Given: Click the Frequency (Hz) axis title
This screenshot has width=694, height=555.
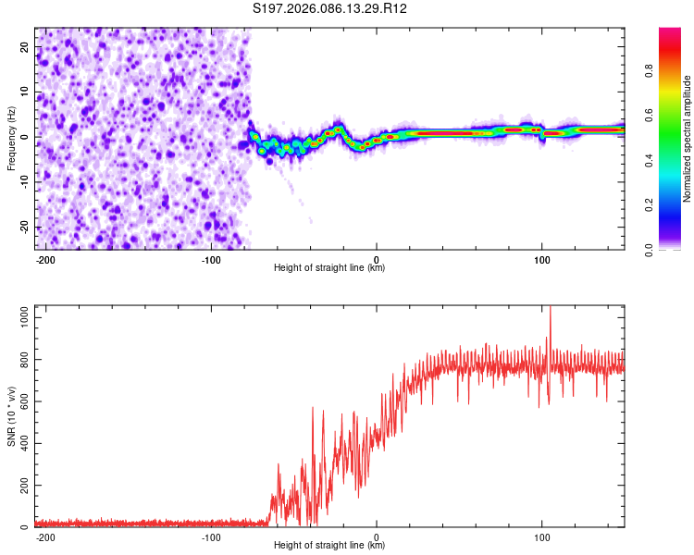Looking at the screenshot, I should [x=11, y=137].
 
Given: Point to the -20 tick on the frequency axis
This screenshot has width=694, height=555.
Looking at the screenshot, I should [x=24, y=228].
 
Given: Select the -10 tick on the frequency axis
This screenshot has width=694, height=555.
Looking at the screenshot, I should [x=24, y=182].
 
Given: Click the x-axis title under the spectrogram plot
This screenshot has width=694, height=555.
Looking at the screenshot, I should [x=329, y=268].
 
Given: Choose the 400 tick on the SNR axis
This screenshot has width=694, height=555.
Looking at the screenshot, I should [x=21, y=443].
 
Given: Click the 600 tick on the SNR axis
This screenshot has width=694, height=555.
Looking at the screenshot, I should [x=21, y=401].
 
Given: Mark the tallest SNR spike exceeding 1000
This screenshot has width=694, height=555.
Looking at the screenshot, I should [x=550, y=309].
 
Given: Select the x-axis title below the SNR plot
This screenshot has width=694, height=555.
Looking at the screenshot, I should [x=329, y=546].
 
